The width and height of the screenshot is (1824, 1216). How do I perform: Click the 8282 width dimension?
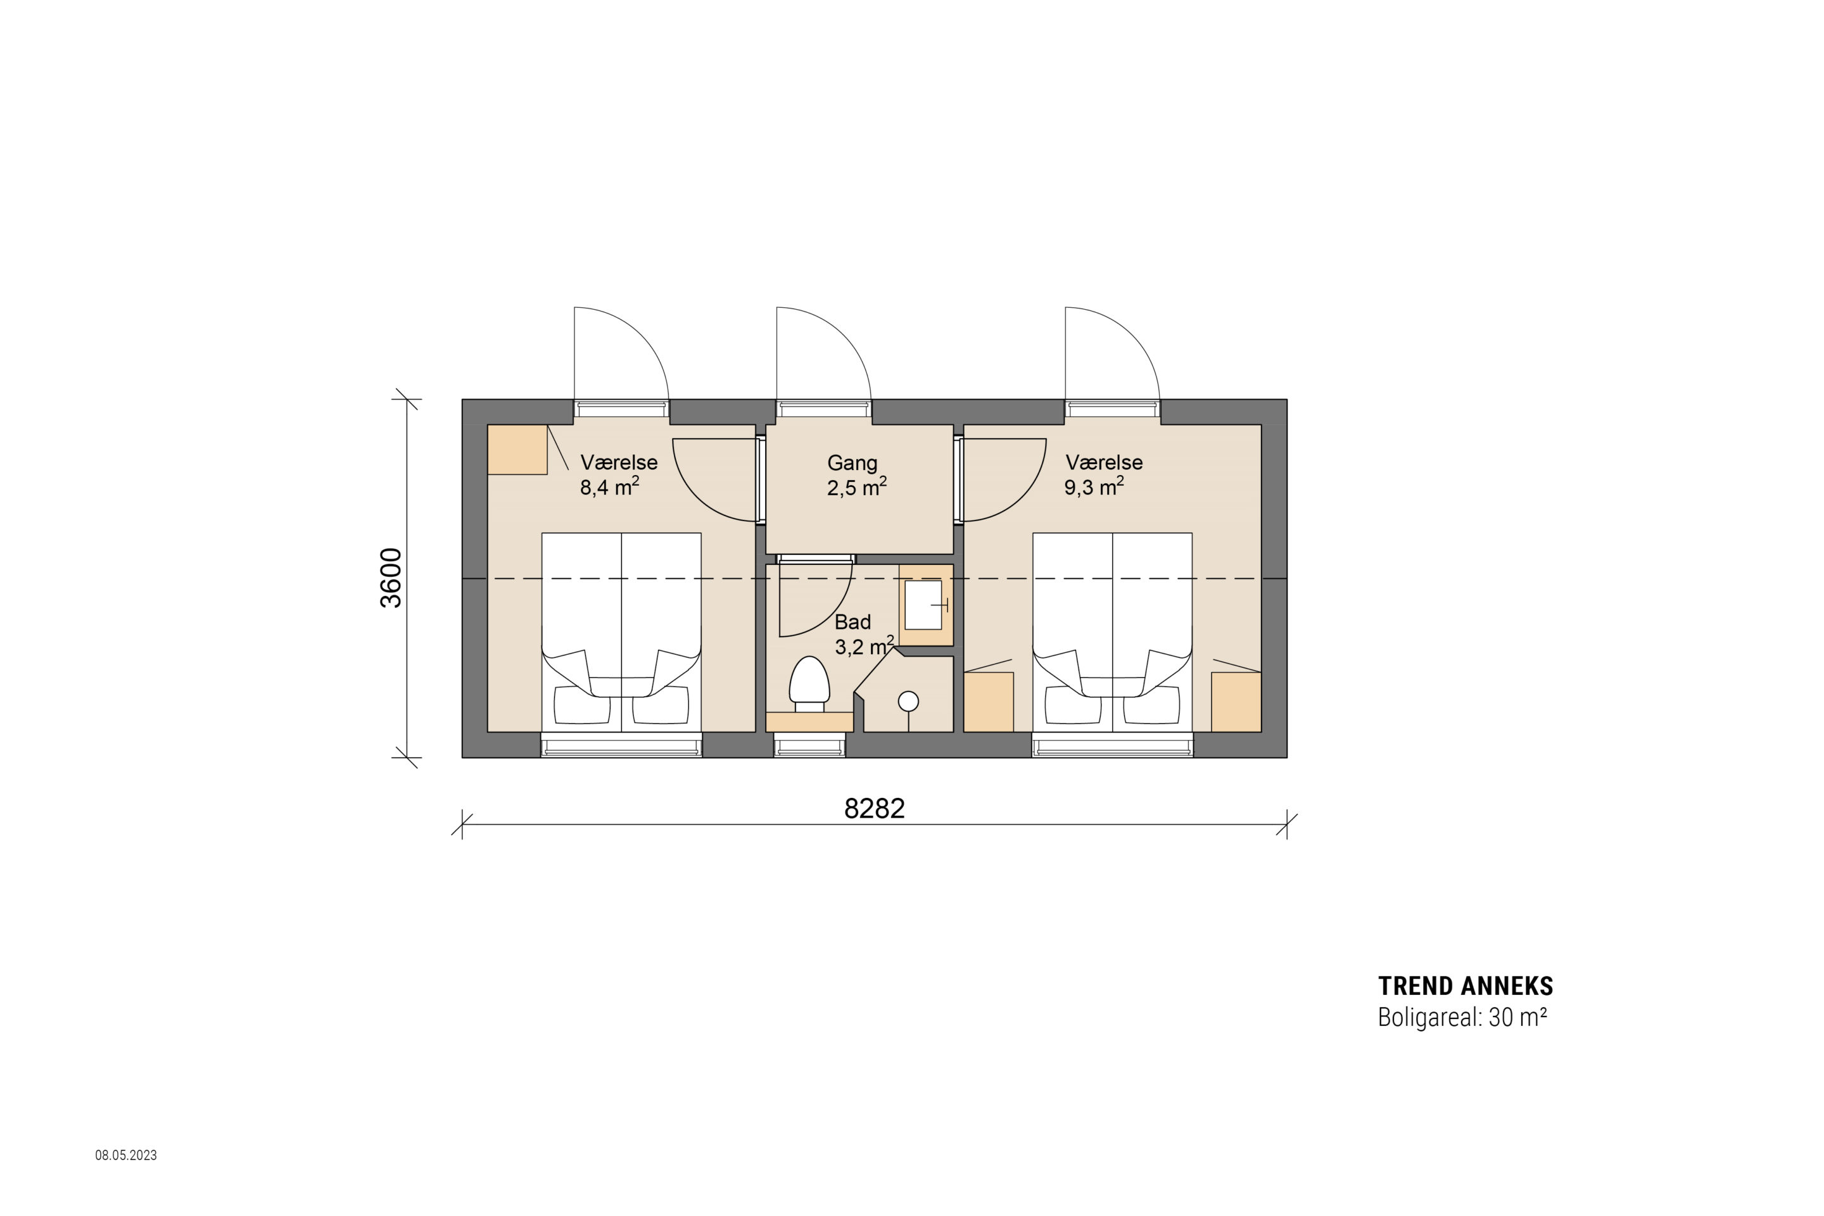(874, 809)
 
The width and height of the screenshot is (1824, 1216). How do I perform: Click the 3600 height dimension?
(391, 578)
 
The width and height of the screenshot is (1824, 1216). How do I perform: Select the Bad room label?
(852, 622)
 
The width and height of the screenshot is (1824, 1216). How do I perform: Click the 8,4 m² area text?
(609, 487)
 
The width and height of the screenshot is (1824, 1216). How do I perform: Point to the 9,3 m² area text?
(1094, 487)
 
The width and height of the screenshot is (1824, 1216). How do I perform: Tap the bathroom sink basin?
(923, 604)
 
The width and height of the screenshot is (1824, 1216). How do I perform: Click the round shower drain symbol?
(908, 702)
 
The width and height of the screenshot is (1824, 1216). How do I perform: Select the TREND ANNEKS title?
(1466, 987)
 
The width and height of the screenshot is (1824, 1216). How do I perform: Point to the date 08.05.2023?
(125, 1155)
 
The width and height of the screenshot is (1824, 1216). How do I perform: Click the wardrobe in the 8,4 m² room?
(517, 450)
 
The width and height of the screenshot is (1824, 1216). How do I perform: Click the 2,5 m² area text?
(857, 488)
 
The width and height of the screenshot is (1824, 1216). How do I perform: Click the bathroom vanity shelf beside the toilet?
(809, 722)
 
